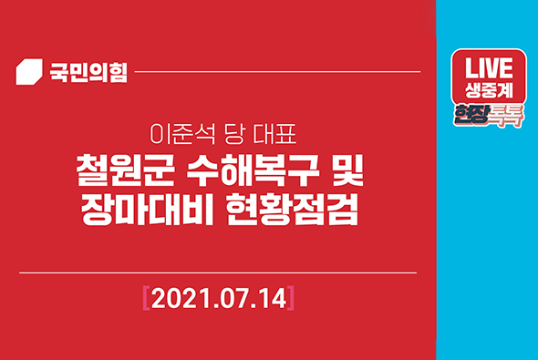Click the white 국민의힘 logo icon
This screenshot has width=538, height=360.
pos(31,71)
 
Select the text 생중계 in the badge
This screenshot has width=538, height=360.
pos(490,91)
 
